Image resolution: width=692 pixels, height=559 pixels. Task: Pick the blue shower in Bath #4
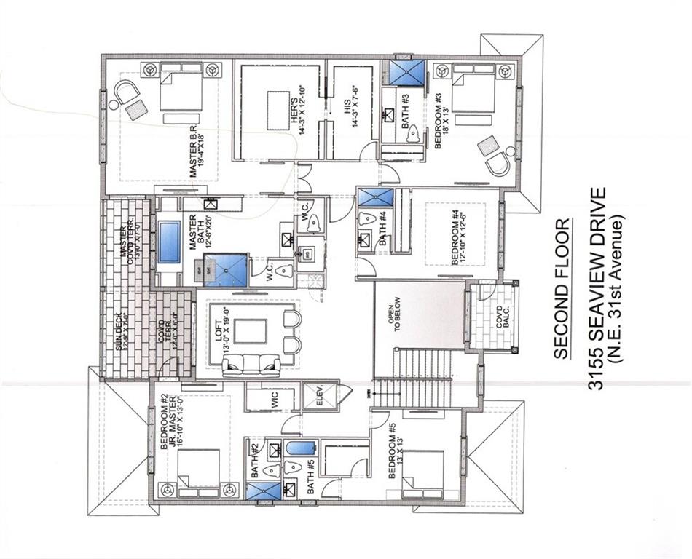376,198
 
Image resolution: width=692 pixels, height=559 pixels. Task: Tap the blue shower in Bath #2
262,491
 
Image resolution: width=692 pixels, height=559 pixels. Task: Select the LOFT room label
216,332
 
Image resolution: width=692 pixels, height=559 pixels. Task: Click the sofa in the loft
251,363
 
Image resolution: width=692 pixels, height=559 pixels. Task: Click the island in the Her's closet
278,108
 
